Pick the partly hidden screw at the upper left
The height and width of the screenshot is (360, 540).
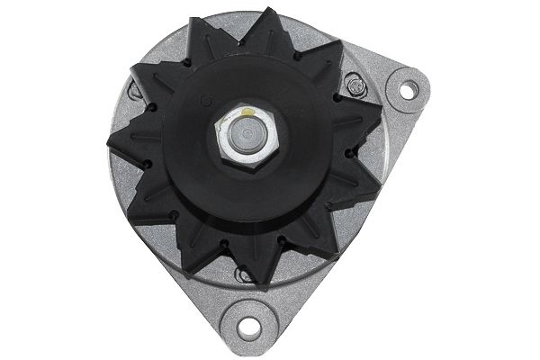(x=135, y=90)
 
